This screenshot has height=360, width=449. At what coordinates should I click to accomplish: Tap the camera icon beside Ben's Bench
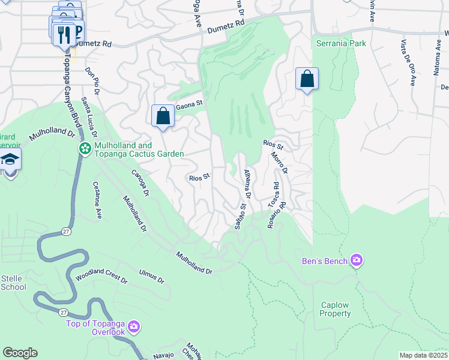[x=357, y=260]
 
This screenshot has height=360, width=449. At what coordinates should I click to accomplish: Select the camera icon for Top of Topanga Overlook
[x=133, y=327]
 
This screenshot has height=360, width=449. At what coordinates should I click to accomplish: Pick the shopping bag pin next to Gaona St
[x=163, y=116]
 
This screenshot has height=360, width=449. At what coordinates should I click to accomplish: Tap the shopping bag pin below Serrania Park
[x=307, y=79]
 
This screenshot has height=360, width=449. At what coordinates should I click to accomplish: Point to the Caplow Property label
[x=335, y=309]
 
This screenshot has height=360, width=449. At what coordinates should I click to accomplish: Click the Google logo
[x=20, y=353]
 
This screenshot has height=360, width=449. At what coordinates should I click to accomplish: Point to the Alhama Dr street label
[x=246, y=184]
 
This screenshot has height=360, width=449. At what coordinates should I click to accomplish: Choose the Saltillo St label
[x=240, y=216]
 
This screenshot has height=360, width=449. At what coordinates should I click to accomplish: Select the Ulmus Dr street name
[x=151, y=277]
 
